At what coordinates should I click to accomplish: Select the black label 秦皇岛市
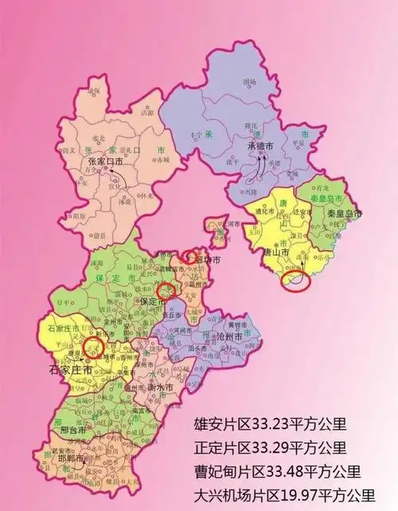click(345, 216)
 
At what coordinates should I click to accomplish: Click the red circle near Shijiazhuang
click(94, 347)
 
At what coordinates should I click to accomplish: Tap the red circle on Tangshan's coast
click(295, 280)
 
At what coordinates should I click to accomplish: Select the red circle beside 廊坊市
click(189, 256)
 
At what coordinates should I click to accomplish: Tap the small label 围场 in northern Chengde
click(250, 82)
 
